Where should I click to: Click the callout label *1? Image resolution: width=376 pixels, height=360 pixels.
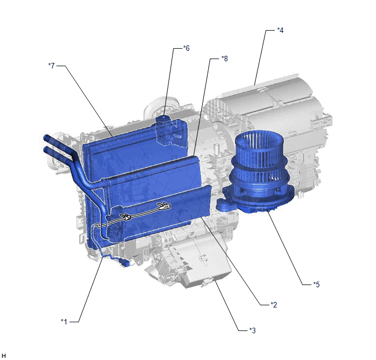pyautogui.click(x=64, y=321)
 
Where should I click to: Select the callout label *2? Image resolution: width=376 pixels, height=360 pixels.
pyautogui.click(x=274, y=305)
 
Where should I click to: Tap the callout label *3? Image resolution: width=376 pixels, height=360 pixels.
pyautogui.click(x=252, y=330)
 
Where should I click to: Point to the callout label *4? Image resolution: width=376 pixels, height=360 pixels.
pyautogui.click(x=280, y=30)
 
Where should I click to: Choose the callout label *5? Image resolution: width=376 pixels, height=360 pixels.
pyautogui.click(x=316, y=284)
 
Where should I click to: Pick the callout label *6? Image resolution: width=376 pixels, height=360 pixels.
pyautogui.click(x=186, y=48)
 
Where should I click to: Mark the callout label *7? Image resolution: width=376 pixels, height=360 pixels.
pyautogui.click(x=51, y=66)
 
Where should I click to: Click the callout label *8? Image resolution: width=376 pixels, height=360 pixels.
pyautogui.click(x=225, y=59)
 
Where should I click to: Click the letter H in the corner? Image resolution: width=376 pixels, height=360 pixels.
pyautogui.click(x=4, y=356)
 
